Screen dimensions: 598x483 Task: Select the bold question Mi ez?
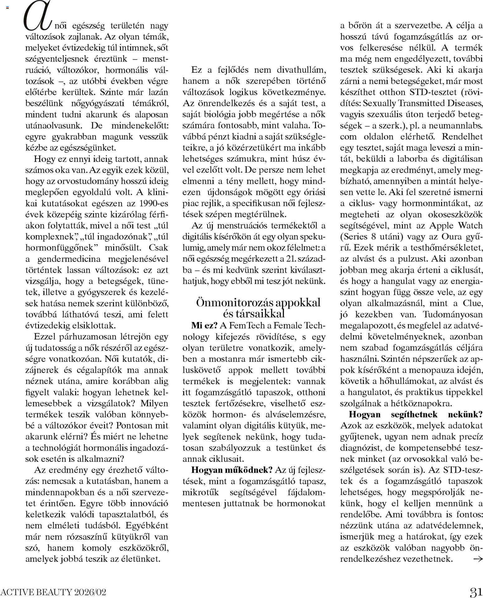[204, 326]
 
